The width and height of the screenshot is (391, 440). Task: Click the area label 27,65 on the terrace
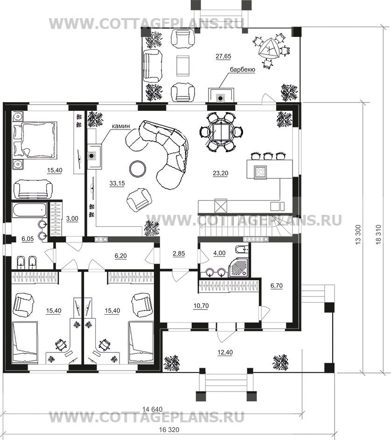[223, 56]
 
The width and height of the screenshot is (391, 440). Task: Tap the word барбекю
[243, 69]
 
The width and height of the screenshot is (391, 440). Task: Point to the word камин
[121, 126]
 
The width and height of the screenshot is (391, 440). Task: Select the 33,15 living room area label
[117, 184]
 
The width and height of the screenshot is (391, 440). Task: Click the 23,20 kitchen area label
[221, 173]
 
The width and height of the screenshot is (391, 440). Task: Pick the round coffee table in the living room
[138, 169]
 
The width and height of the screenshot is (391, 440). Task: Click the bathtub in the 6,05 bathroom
[29, 210]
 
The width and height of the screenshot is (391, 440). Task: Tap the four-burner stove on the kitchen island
[260, 172]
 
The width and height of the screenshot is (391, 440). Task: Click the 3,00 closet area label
[72, 219]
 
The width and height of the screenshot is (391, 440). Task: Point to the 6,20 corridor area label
[120, 256]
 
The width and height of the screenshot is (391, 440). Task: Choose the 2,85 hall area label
[179, 254]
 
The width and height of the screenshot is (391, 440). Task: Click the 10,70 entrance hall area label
[201, 306]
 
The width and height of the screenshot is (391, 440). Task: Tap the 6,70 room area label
[276, 286]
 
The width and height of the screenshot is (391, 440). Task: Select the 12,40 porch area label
[225, 352]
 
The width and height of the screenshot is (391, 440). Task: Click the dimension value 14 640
[152, 409]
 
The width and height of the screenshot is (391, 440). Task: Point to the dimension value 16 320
[169, 430]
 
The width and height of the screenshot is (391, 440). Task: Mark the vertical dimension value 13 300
[358, 234]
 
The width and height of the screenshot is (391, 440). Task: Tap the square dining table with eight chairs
[222, 131]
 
